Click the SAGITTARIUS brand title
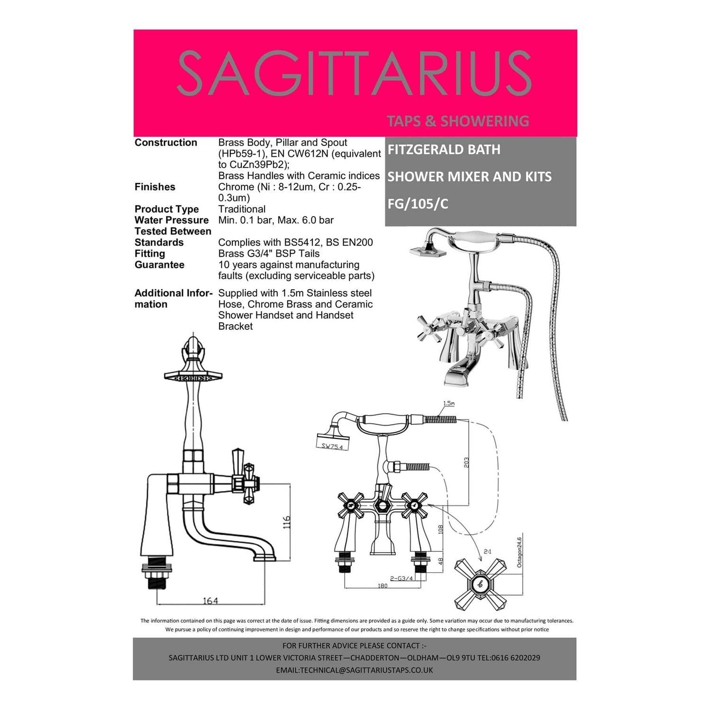coord(354,74)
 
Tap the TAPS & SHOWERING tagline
coord(458,121)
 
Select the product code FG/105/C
coord(418,204)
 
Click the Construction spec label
coord(166,142)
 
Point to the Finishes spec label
coord(155,187)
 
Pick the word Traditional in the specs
coord(242,209)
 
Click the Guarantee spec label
coord(159,264)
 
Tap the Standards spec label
coord(159,242)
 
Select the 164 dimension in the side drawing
coord(210,601)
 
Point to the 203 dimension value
coord(466,463)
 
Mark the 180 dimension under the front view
coord(383,586)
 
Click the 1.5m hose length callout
coord(449,403)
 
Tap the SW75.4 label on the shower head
coord(332,446)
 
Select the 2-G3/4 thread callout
coord(401,578)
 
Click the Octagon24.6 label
coord(520,552)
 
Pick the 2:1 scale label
coord(487,551)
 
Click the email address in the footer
coord(354,670)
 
